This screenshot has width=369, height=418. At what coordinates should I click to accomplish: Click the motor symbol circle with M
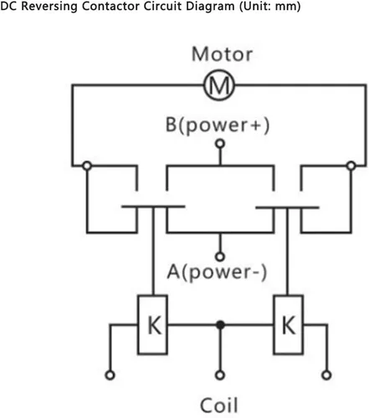pos(219,84)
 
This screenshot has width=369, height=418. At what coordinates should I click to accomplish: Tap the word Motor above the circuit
pos(223,54)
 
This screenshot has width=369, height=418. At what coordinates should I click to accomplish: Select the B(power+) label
pos(218,125)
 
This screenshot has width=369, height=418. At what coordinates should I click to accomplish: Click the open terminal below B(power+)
pos(220,144)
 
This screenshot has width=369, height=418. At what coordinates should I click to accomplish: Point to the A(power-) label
pos(217,272)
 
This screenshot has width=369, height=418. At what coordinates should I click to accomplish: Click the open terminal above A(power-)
pos(220,257)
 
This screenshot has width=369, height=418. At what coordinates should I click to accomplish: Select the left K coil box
pos(152,324)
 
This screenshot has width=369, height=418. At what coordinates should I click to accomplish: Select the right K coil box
pos(288,324)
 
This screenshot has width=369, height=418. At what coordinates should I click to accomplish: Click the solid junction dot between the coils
pos(220,324)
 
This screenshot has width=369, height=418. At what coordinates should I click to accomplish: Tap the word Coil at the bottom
pos(219,405)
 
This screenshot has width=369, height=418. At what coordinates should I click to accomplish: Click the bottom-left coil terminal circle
pos(110,375)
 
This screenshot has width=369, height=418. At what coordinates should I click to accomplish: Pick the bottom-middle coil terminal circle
pos(220,375)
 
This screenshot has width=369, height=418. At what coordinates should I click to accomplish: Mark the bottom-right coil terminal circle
pos(326,375)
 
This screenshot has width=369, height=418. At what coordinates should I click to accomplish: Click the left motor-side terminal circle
pos(87,166)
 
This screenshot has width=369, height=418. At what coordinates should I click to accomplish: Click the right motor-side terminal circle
pos(351,166)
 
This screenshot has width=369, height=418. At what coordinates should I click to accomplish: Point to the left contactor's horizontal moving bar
pos(153,206)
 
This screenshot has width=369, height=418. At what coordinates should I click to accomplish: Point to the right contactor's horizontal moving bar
pos(287,207)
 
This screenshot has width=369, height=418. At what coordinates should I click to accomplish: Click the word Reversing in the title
pos(49,6)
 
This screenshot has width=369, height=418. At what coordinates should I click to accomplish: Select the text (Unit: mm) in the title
pos(270,6)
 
